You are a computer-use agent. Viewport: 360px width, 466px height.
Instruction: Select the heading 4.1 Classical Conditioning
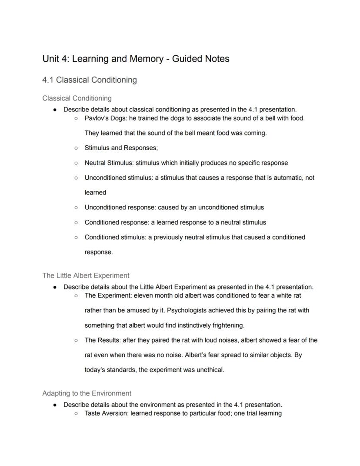click(x=90, y=80)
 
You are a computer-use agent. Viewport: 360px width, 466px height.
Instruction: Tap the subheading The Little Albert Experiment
click(x=86, y=275)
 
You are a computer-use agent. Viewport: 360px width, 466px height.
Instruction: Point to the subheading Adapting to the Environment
click(x=87, y=393)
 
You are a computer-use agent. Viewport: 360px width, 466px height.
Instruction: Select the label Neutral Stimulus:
click(x=109, y=163)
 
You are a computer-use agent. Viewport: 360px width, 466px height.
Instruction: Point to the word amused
click(x=142, y=311)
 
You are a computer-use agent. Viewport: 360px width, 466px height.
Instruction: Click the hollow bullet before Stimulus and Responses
click(x=76, y=148)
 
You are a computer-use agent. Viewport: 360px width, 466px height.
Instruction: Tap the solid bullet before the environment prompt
click(x=55, y=405)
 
